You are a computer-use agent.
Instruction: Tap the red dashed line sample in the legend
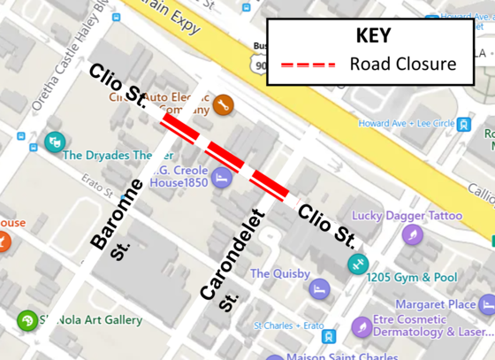[308, 65]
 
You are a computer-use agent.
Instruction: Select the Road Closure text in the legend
[402, 65]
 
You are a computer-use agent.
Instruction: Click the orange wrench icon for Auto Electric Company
[223, 104]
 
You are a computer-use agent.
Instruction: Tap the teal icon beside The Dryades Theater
[54, 142]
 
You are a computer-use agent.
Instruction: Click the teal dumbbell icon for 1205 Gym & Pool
[357, 263]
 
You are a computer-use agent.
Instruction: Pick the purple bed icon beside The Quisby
[319, 288]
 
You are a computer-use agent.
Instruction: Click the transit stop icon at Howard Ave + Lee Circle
[465, 124]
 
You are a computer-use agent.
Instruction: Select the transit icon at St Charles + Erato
[328, 337]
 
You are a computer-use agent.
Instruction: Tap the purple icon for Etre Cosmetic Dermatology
[360, 326]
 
